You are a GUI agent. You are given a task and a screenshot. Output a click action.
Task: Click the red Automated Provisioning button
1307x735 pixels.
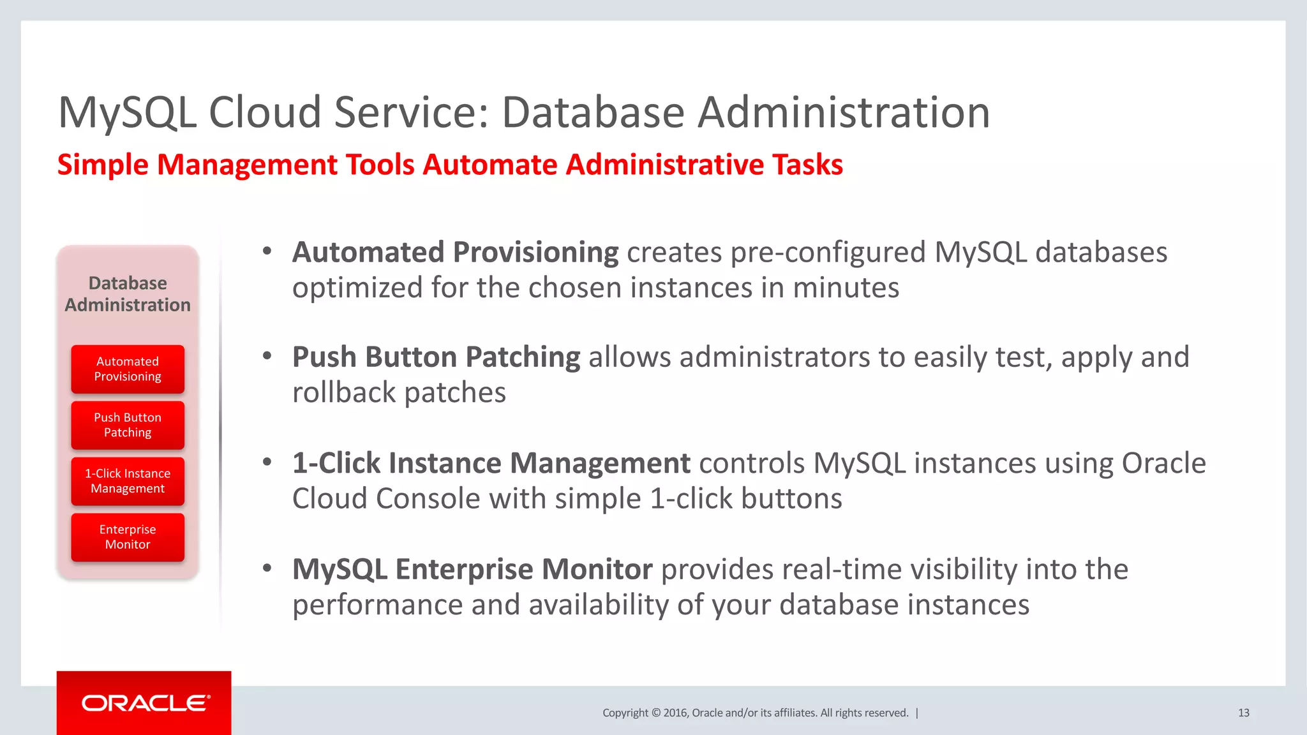[x=128, y=369]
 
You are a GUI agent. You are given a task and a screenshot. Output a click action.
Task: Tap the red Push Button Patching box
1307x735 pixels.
[x=128, y=425]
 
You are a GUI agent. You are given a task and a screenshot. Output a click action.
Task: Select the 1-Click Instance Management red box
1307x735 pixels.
[x=128, y=481]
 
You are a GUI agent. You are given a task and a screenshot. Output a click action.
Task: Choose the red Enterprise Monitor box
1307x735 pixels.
[x=128, y=537]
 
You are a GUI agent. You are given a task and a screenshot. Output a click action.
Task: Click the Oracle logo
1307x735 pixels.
[x=146, y=703]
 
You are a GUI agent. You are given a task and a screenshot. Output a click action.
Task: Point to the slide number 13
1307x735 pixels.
[x=1243, y=713]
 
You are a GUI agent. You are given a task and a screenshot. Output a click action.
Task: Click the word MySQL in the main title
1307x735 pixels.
[x=127, y=113]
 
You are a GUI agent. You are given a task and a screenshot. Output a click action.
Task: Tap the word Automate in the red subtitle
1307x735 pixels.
[x=489, y=165]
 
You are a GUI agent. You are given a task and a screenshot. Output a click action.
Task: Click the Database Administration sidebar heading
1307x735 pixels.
[x=128, y=293]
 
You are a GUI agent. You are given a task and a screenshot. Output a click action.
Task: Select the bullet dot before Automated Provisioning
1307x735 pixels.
[x=267, y=251]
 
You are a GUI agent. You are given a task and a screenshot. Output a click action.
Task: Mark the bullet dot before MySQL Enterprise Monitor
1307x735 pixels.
[x=267, y=567]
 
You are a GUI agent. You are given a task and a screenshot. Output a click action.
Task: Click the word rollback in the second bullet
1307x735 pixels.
[x=344, y=392]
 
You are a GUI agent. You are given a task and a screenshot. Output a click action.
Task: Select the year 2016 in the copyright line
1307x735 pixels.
[x=675, y=713]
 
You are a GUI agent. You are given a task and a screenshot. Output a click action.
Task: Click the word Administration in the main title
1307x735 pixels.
[x=843, y=113]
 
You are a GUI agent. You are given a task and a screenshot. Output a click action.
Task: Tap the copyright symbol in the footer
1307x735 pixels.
[x=655, y=713]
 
